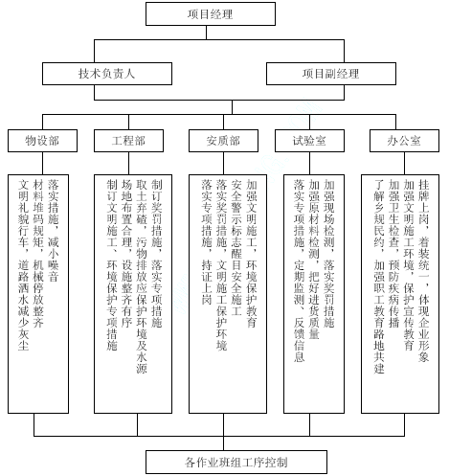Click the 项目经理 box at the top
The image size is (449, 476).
[211, 14]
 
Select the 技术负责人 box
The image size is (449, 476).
[107, 74]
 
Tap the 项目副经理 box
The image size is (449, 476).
[331, 74]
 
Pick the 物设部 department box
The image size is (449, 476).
[42, 141]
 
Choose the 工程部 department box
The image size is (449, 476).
[128, 141]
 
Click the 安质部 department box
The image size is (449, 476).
[223, 141]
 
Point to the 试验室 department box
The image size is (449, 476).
[309, 141]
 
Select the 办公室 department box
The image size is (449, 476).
[404, 141]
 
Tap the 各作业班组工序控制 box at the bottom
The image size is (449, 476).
[236, 462]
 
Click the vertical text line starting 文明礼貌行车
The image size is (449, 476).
[24, 265]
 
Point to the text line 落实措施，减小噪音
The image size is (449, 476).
[54, 231]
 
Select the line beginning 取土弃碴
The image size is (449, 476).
[142, 277]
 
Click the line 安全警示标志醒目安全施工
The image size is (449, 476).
[236, 248]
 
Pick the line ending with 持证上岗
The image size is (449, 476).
[207, 242]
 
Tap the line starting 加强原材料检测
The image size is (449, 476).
[314, 260]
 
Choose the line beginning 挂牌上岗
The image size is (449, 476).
[424, 271]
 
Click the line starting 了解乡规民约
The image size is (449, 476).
[379, 277]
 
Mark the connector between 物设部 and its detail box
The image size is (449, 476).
[42, 163]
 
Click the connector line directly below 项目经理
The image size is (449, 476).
[206, 33]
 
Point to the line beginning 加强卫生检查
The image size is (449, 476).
[394, 254]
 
